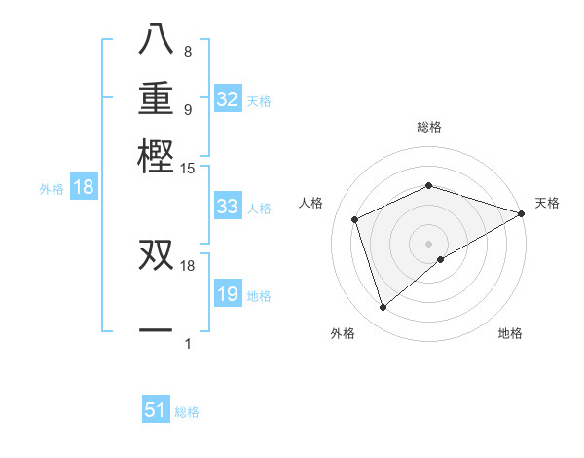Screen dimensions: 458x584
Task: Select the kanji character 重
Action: [x=156, y=99]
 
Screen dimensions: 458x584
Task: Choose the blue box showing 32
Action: [x=228, y=99]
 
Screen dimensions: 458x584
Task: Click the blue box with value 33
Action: [x=228, y=207]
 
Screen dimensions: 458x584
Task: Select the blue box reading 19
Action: [x=228, y=294]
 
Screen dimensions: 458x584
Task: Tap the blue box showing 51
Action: [x=156, y=410]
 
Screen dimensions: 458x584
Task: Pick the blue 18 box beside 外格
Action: [x=84, y=188]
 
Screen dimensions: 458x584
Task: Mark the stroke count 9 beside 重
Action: [x=187, y=109]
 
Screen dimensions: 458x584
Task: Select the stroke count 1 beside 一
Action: [x=187, y=343]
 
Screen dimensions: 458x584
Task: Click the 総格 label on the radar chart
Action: [x=429, y=127]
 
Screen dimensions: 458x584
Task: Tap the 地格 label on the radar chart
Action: [x=510, y=333]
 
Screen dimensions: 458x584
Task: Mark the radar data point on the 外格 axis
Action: [x=383, y=308]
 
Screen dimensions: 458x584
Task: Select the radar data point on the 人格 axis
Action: [x=355, y=219]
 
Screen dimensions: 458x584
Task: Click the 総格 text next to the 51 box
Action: [x=187, y=412]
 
